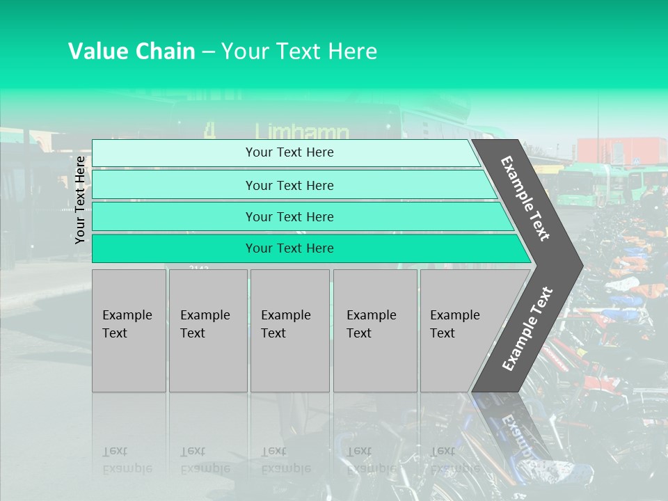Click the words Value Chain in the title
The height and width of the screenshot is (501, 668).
[132, 51]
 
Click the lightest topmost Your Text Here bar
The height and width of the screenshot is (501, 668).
[289, 152]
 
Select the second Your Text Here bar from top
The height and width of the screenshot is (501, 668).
[289, 185]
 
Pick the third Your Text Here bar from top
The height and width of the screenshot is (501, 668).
[289, 216]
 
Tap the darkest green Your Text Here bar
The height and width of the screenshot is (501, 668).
[289, 248]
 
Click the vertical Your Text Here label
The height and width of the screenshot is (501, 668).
[80, 200]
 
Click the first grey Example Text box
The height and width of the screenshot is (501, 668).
[129, 331]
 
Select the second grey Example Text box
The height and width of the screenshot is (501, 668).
[207, 331]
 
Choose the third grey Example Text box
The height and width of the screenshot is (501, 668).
[289, 331]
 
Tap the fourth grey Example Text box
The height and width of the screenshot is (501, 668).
[375, 331]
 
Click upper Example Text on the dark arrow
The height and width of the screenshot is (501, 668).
[526, 198]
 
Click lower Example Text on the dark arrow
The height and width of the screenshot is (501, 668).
[527, 328]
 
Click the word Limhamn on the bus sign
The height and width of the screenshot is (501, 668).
[301, 131]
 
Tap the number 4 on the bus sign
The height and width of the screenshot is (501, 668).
[209, 130]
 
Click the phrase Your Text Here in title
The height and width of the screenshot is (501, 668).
[299, 51]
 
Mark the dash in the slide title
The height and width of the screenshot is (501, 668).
[208, 52]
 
